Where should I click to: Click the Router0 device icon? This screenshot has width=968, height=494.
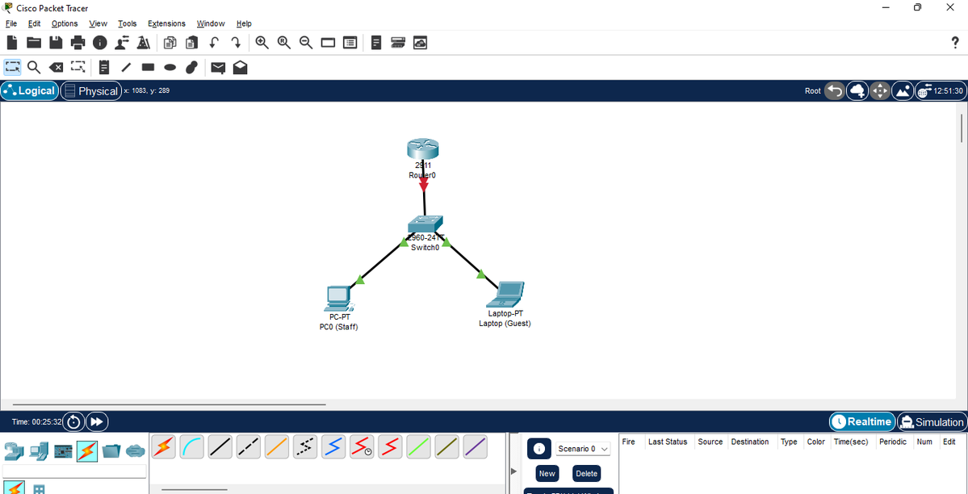pyautogui.click(x=423, y=148)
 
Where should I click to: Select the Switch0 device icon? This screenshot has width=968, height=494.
pyautogui.click(x=425, y=224)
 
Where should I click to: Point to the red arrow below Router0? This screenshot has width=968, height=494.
pyautogui.click(x=423, y=185)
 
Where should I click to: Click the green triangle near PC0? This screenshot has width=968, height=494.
pyautogui.click(x=360, y=280)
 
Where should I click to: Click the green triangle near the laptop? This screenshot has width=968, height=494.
pyautogui.click(x=481, y=274)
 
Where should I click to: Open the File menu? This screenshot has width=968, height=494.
pyautogui.click(x=11, y=23)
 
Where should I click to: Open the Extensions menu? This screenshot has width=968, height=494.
pyautogui.click(x=166, y=23)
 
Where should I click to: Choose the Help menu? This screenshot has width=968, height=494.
pyautogui.click(x=244, y=23)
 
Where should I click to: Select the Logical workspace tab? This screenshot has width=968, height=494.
pyautogui.click(x=30, y=90)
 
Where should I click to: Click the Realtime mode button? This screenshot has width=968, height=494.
pyautogui.click(x=861, y=421)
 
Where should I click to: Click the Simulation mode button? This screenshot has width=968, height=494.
pyautogui.click(x=932, y=421)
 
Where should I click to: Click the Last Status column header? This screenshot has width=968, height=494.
pyautogui.click(x=668, y=442)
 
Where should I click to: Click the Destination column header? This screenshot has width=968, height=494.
pyautogui.click(x=750, y=442)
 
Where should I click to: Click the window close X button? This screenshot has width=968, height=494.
pyautogui.click(x=949, y=7)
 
